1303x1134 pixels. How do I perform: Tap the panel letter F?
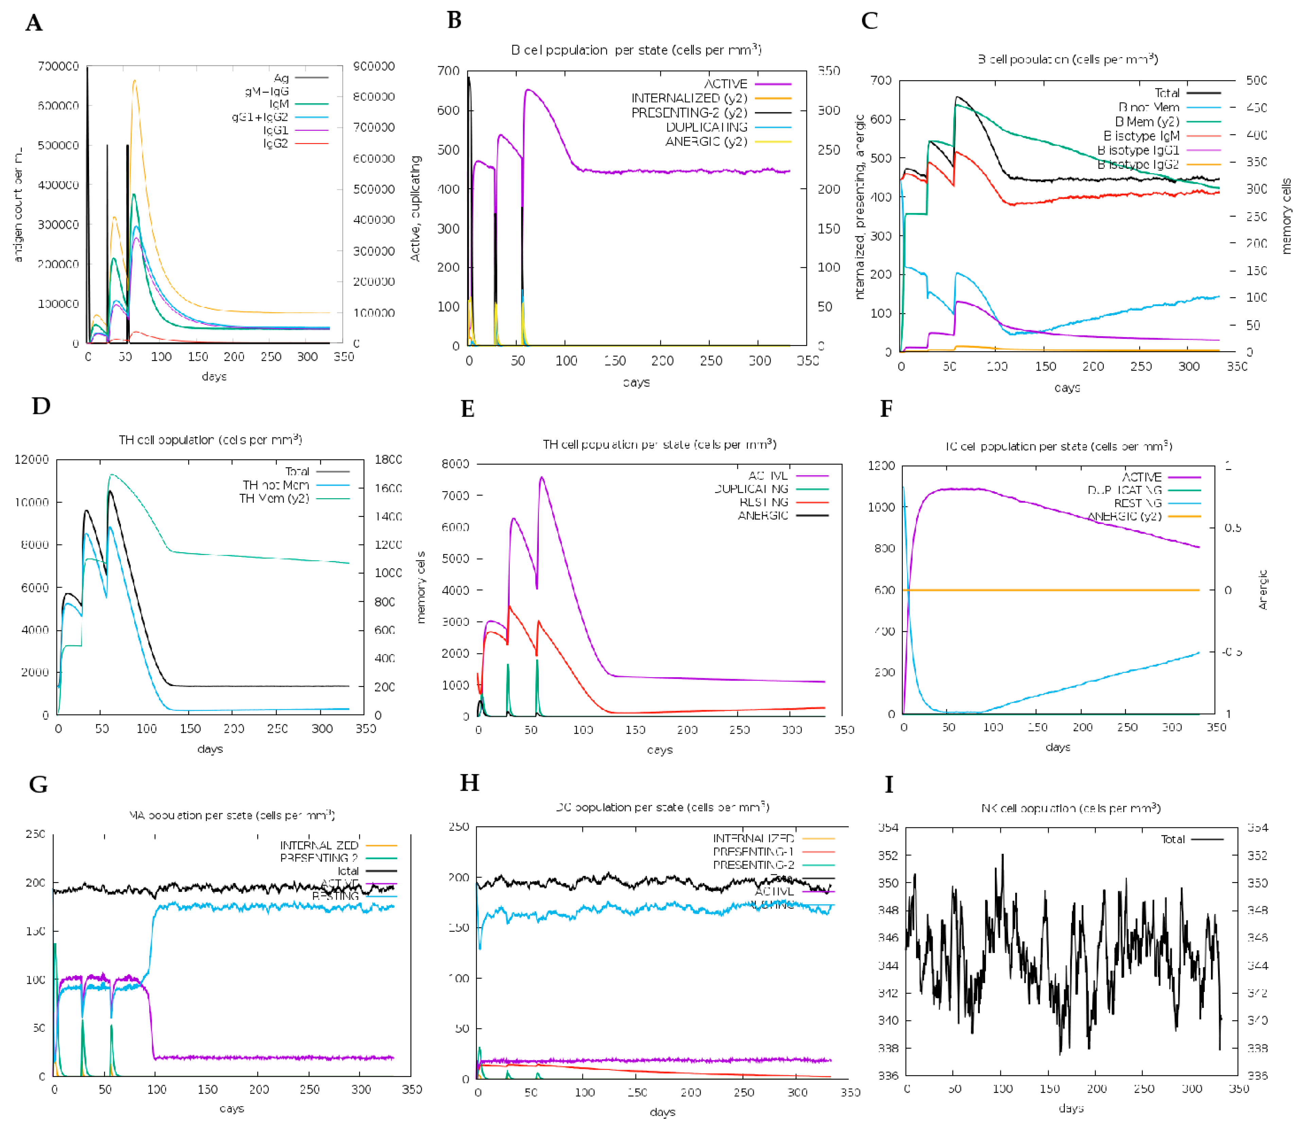[x=886, y=409]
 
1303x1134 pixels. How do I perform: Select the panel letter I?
[x=889, y=785]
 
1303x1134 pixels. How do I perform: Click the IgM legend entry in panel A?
[x=279, y=104]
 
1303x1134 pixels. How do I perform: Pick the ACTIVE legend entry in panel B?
[x=726, y=84]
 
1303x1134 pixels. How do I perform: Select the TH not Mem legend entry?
[x=276, y=485]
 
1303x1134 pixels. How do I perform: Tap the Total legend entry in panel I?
[x=1173, y=839]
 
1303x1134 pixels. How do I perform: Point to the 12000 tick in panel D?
[x=32, y=460]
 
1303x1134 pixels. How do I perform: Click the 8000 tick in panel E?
[x=455, y=464]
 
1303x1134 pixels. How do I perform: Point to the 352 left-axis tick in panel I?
[x=888, y=856]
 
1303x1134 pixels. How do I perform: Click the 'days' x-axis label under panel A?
[x=214, y=377]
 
